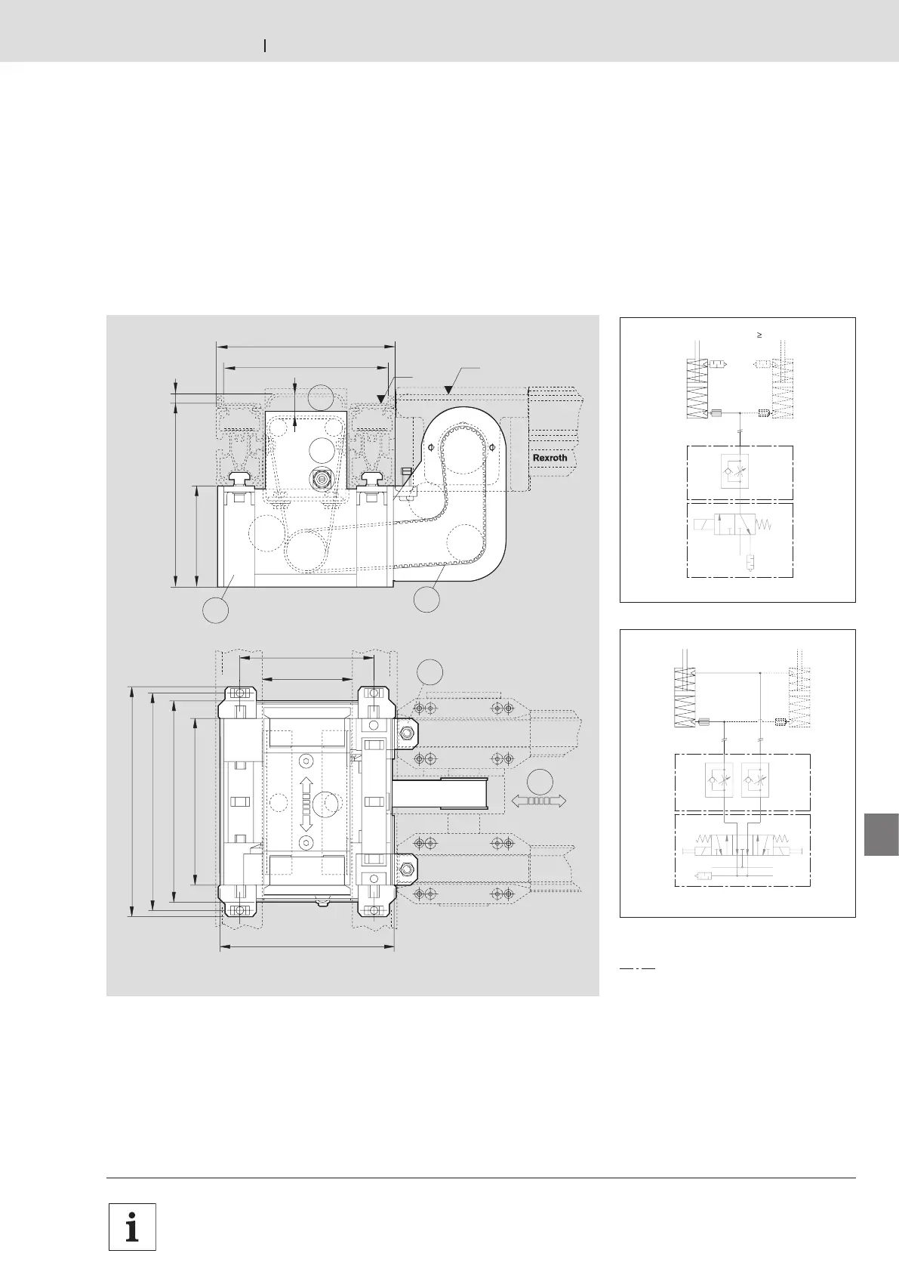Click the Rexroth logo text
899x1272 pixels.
[550, 458]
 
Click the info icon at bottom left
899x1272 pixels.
[132, 1227]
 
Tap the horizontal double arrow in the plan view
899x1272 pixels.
[539, 801]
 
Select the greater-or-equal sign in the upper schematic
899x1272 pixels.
[759, 335]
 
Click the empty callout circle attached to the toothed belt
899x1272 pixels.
[426, 599]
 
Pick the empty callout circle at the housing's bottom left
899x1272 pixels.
[216, 610]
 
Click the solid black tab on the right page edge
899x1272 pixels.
[882, 834]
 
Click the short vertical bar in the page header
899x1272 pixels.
[265, 46]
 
